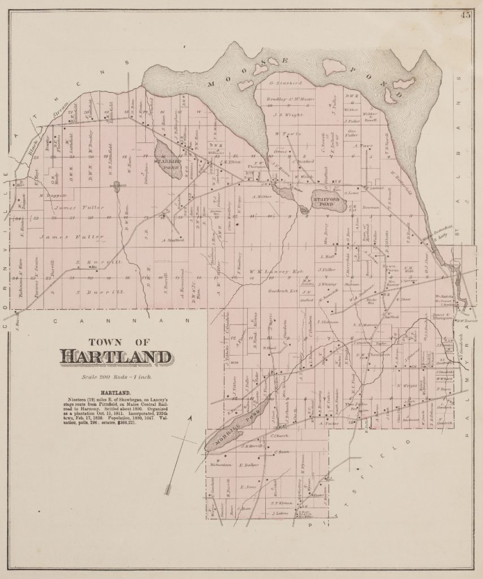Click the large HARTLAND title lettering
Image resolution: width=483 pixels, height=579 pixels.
(x=115, y=357)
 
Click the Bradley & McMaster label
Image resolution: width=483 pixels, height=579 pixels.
(x=290, y=100)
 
